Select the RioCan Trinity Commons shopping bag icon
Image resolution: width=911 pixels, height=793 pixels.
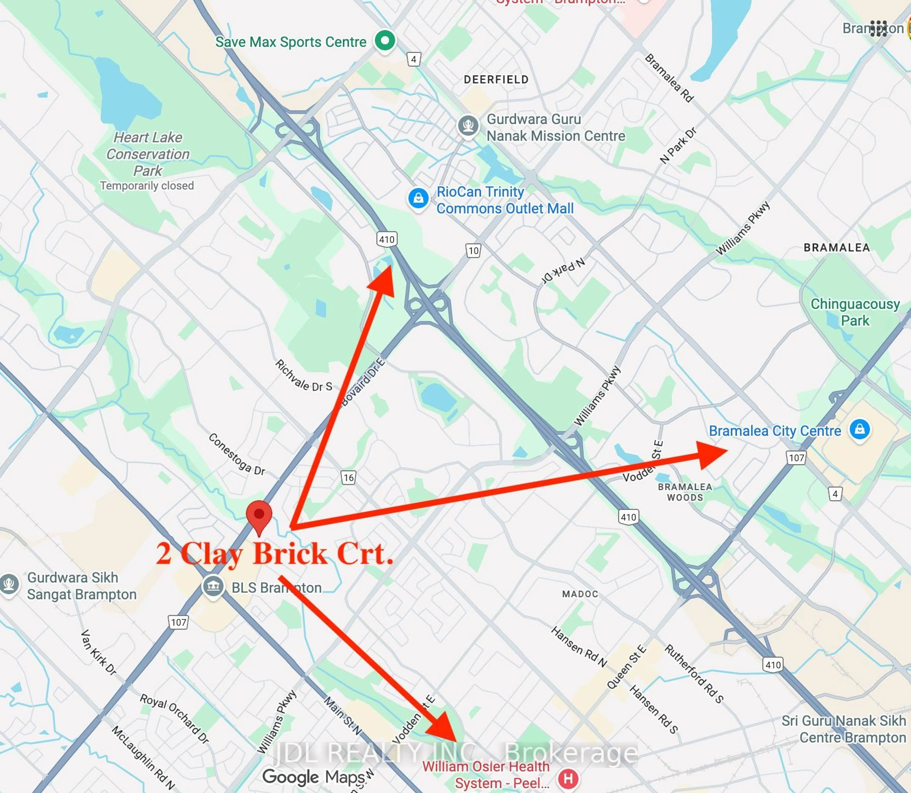pos(418,199)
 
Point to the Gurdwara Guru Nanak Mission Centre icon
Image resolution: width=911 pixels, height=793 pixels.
pos(468,126)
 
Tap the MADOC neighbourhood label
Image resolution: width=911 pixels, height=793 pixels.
pos(580,594)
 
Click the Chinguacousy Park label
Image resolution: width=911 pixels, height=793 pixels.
pos(855,312)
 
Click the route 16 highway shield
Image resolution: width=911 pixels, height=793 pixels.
pos(348,478)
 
